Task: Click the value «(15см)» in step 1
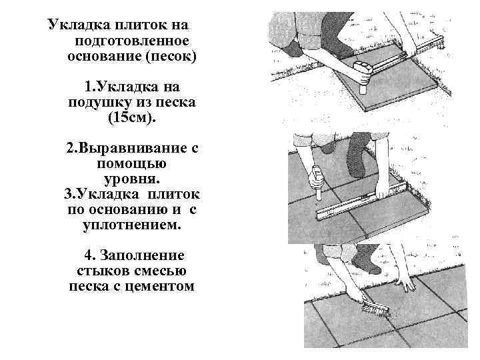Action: point(133,118)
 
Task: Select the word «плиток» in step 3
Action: point(175,194)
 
